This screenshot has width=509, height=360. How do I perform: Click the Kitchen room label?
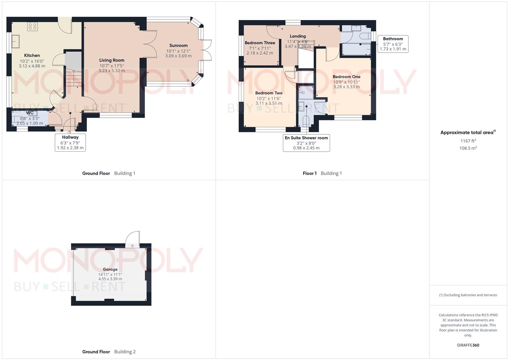coord(32,55)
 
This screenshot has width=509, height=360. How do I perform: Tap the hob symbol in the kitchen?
coord(32,26)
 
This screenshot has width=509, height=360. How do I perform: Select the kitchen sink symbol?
coord(15,41)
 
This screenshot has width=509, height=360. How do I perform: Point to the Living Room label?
coord(112,60)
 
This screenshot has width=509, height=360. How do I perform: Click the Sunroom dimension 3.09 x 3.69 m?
coord(178,56)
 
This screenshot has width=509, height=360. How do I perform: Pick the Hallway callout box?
coord(70,142)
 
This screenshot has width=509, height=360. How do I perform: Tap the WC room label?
coord(30,113)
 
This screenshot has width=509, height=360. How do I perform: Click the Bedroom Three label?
coord(260,43)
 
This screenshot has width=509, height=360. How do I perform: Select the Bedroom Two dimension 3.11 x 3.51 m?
coord(269,103)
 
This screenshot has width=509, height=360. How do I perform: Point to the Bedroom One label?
coord(346,77)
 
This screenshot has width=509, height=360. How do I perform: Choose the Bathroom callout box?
coord(393,44)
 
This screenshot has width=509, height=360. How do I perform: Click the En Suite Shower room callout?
coord(306,143)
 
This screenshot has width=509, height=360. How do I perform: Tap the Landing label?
coord(298,36)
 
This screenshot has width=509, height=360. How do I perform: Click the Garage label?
coord(110,269)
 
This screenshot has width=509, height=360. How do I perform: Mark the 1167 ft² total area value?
coord(468,141)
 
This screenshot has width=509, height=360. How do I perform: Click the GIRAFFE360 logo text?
coord(468,345)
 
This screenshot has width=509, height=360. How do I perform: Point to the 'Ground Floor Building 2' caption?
coord(109,352)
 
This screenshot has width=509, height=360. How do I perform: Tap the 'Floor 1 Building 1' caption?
coord(322,173)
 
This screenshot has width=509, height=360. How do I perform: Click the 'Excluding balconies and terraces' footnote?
coord(468,295)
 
